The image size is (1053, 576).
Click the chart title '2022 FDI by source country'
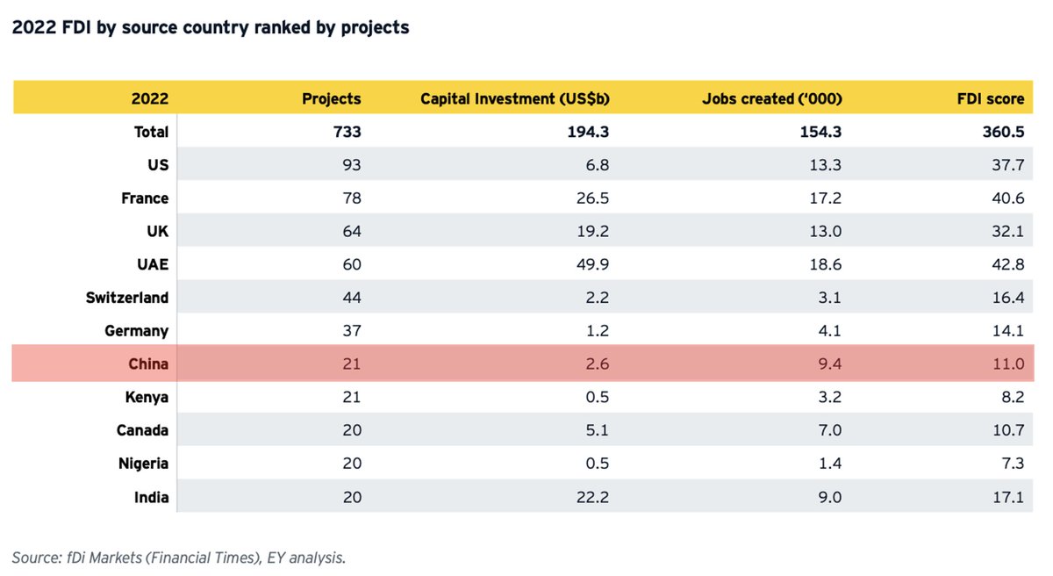(211, 27)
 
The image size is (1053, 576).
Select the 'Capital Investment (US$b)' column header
(515, 98)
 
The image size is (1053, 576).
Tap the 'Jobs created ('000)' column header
(771, 98)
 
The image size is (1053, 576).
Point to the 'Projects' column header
(331, 98)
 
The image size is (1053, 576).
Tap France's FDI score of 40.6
(1007, 198)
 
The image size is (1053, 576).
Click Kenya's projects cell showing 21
(352, 397)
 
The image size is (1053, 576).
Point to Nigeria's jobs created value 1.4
(829, 464)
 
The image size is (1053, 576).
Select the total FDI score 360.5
(1002, 132)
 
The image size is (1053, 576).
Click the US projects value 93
(351, 165)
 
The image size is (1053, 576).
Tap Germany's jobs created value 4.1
(829, 331)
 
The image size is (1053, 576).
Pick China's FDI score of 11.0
(1008, 364)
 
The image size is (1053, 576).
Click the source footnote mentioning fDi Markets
(179, 557)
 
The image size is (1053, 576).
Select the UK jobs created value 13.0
(826, 232)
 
